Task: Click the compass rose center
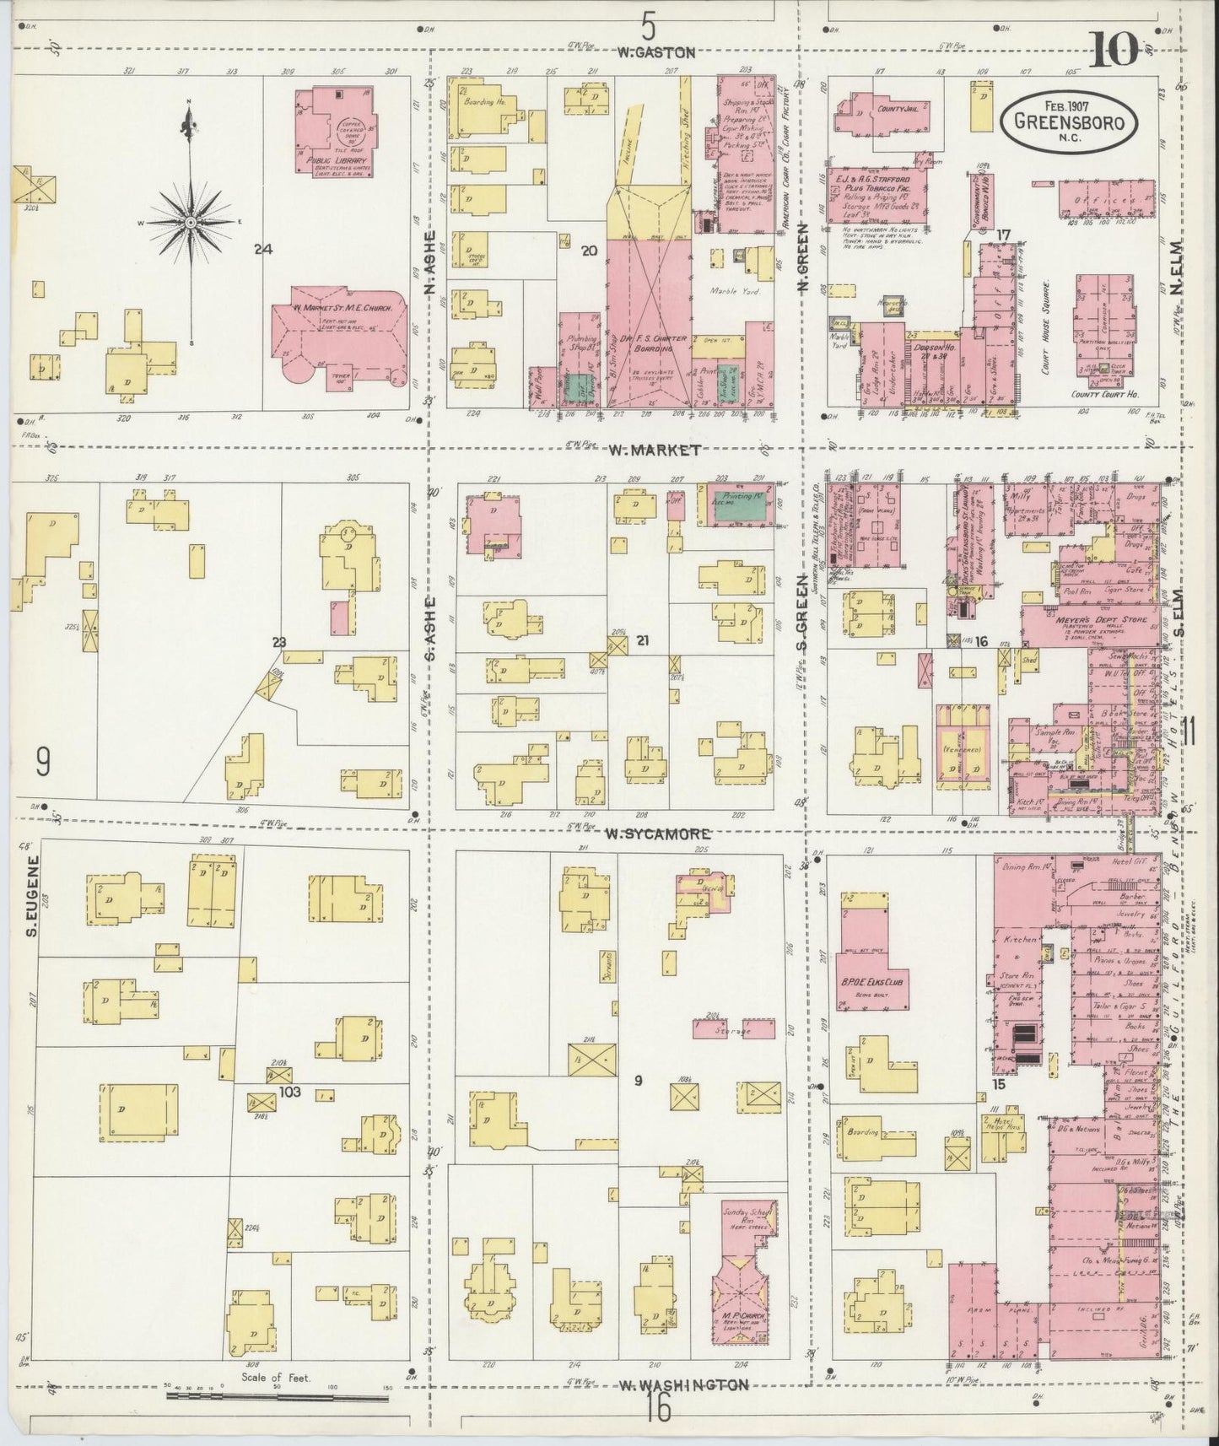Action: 191,222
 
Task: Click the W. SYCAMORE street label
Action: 657,834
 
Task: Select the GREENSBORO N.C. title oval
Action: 1067,121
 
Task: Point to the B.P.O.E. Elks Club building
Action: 872,962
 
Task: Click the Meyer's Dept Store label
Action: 1094,620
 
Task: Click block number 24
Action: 264,249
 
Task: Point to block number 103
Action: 290,1091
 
